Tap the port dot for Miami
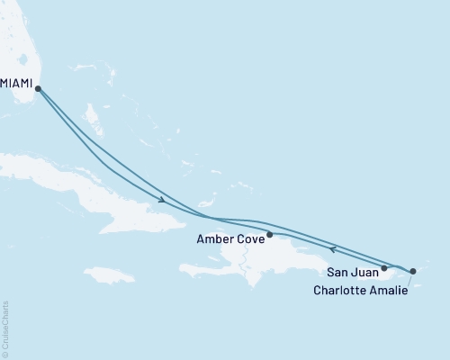coord(37,87)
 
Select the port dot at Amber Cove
coord(270,234)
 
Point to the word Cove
coord(253,240)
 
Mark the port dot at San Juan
coord(384,267)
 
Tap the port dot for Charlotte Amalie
coord(413,270)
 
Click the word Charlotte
coord(341,290)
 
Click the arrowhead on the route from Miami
coord(162,200)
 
